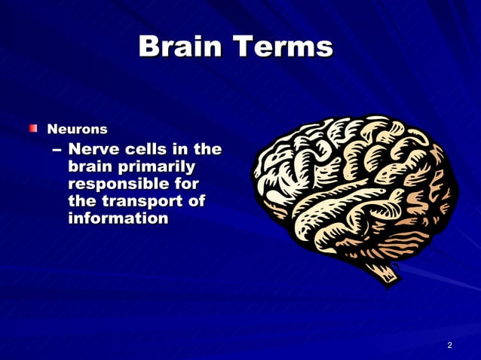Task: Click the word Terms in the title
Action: (283, 47)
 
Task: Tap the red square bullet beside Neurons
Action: (33, 129)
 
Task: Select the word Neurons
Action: (78, 130)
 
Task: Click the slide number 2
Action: (449, 345)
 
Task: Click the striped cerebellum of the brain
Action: (407, 245)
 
